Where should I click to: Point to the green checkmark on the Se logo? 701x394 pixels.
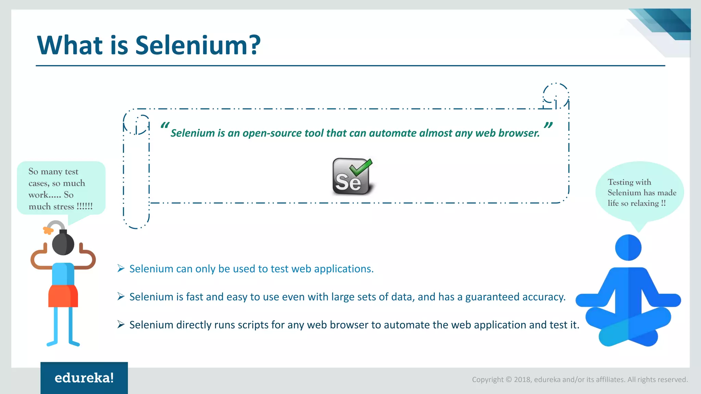(x=361, y=167)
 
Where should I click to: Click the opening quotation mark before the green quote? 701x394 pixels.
(x=165, y=126)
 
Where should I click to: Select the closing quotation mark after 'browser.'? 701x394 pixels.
(x=548, y=126)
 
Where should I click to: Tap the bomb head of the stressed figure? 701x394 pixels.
(x=63, y=244)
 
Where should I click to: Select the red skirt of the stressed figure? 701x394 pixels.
(x=63, y=296)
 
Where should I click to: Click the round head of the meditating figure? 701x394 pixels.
(x=628, y=247)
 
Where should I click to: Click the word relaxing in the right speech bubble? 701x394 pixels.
(x=645, y=203)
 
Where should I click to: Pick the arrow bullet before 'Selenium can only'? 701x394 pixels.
(x=121, y=268)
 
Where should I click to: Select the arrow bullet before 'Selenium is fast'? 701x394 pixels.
(x=121, y=297)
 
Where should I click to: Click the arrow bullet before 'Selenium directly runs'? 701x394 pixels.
(x=121, y=325)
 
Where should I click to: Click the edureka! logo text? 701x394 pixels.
(x=84, y=378)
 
